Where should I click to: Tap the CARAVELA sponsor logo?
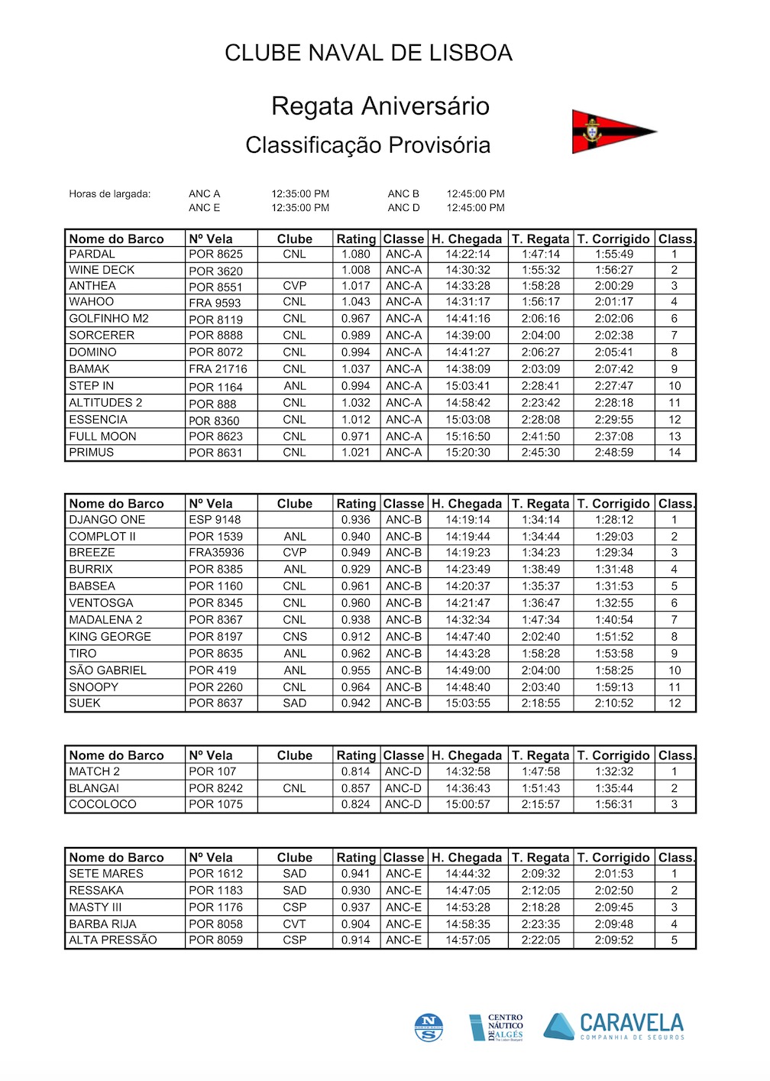[x=614, y=1026]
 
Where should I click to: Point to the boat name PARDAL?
[x=92, y=254]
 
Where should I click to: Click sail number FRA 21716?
[x=218, y=369]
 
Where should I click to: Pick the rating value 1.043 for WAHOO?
[x=355, y=302]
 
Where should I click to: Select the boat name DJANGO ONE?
[x=107, y=520]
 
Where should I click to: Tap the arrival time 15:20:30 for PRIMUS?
[x=468, y=453]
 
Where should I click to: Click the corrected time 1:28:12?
[x=614, y=520]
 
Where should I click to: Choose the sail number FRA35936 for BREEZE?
[x=216, y=553]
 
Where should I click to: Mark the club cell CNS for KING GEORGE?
[x=295, y=637]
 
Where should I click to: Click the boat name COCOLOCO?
[x=102, y=804]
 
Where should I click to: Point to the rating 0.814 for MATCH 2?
[x=355, y=771]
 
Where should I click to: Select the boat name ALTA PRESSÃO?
[x=112, y=940]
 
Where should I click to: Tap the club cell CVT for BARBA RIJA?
[x=295, y=924]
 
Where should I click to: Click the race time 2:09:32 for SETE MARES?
[x=541, y=874]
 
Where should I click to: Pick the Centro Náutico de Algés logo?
[x=497, y=1027]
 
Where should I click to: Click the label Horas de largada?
[x=110, y=194]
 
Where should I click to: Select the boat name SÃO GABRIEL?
[x=108, y=670]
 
